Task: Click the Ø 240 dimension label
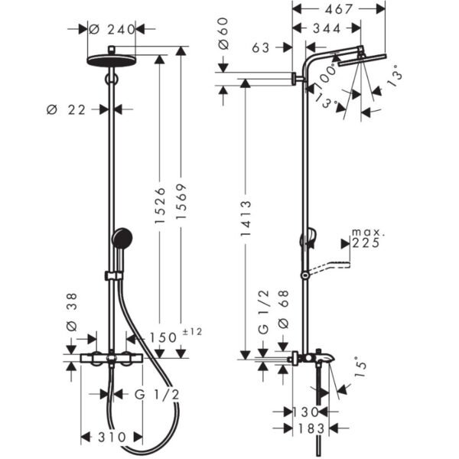coord(112,29)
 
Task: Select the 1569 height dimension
coord(181,201)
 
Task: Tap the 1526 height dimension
coord(160,206)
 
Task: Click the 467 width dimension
coord(338,9)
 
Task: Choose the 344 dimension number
coord(327,29)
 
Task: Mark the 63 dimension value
coord(261,47)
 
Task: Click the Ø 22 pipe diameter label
coord(66,110)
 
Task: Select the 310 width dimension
coord(112,438)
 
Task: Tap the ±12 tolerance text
coord(192,332)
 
